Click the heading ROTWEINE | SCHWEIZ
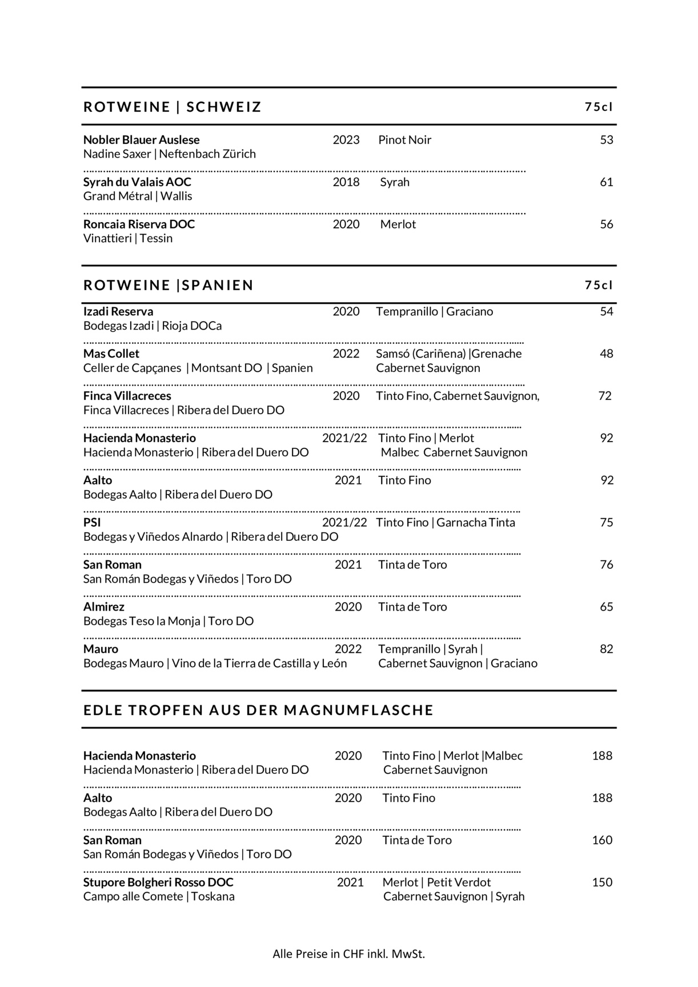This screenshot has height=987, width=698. [172, 107]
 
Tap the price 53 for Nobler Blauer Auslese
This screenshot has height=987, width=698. [606, 140]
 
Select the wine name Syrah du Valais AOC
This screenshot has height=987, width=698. [137, 182]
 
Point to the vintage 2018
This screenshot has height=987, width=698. [346, 182]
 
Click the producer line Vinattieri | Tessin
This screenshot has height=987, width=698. [128, 238]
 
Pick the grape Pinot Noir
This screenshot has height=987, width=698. [404, 140]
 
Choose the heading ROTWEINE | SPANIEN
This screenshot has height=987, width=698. [169, 285]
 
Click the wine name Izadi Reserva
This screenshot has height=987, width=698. [118, 311]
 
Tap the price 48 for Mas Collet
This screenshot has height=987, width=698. [606, 354]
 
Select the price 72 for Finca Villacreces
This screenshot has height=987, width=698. [605, 396]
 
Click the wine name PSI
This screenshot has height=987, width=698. [92, 522]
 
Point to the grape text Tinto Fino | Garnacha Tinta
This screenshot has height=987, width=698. [446, 522]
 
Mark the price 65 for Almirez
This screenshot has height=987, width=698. [606, 607]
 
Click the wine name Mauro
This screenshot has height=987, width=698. [101, 649]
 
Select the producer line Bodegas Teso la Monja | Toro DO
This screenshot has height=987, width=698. [169, 621]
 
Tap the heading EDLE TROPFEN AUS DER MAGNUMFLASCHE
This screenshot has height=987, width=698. [258, 710]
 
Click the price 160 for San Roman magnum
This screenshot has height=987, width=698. [602, 840]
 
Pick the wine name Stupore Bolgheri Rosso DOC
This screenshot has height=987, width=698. [158, 882]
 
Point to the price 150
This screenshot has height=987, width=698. [602, 882]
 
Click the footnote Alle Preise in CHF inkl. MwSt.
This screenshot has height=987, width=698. [348, 954]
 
